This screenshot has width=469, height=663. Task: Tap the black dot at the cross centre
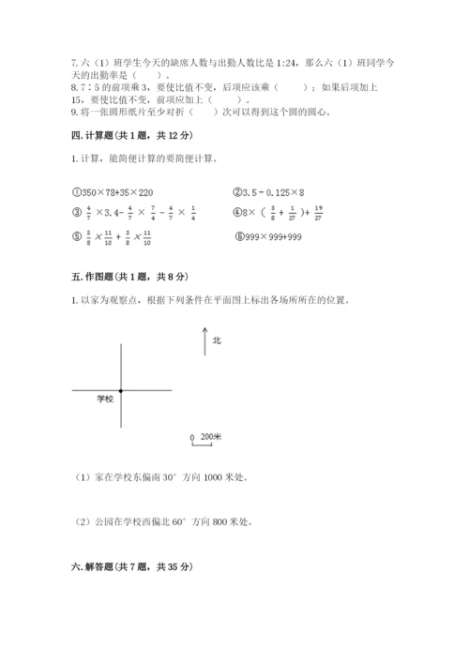pos(121,390)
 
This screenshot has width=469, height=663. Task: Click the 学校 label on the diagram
pos(104,400)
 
